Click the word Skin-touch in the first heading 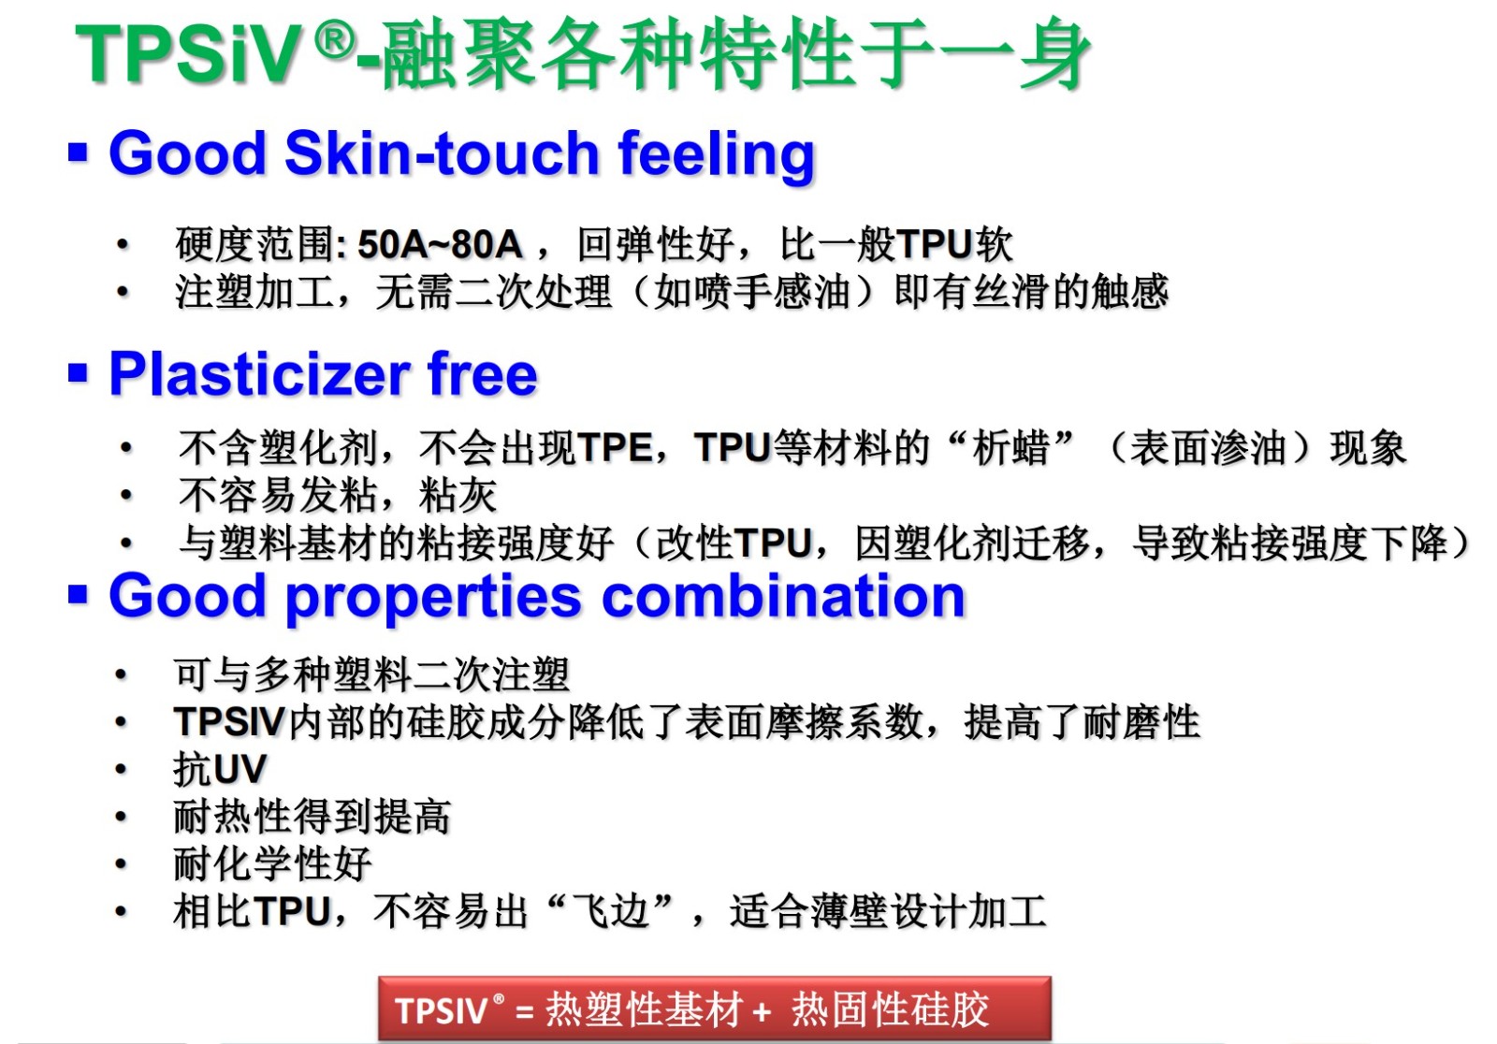[441, 153]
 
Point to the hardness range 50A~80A [440, 244]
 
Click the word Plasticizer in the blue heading [259, 373]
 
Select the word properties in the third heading [433, 598]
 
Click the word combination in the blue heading [783, 595]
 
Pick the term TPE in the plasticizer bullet [615, 447]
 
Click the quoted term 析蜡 [1010, 447]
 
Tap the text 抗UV [221, 769]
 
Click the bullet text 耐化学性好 [272, 863]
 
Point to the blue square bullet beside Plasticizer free [79, 373]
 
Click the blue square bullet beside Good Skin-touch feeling [79, 152]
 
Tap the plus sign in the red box [762, 1011]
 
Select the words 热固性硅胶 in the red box [890, 1009]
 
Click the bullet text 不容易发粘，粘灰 [338, 495]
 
